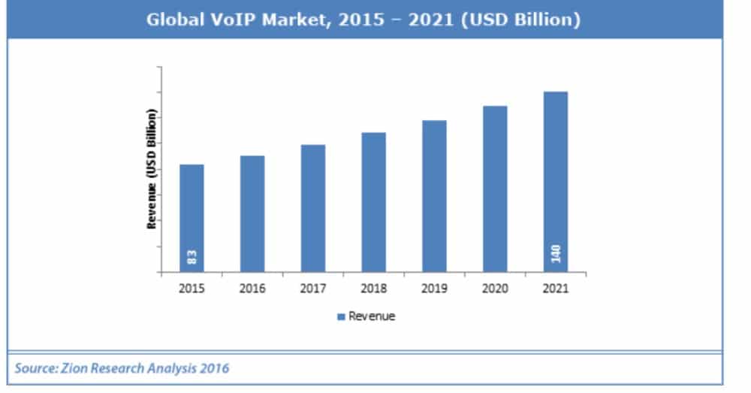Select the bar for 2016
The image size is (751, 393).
[252, 213]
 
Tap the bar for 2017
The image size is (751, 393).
[313, 208]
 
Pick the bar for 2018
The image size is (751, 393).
[374, 202]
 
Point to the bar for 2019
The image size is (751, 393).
[434, 196]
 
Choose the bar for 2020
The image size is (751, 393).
[495, 189]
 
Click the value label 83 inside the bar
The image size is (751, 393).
[192, 257]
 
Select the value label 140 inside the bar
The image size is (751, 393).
[556, 254]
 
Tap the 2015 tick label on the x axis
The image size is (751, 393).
[192, 289]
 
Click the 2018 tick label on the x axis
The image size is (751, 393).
[374, 289]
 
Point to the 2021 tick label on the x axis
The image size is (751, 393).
[556, 289]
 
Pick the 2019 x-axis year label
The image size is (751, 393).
[434, 289]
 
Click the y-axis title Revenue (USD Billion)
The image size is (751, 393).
[152, 168]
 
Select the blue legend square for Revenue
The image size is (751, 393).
[342, 316]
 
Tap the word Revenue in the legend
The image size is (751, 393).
[372, 316]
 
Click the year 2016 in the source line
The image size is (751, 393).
[214, 368]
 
